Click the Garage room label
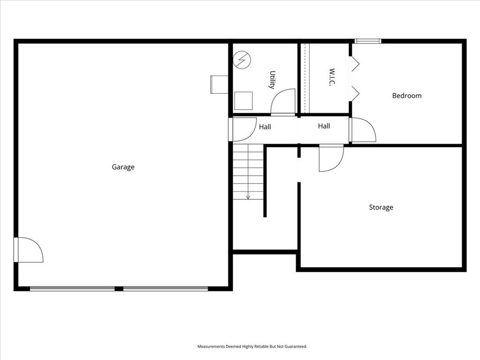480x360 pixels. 123,167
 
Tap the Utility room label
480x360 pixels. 272,80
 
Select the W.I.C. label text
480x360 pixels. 331,77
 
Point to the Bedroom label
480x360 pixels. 406,96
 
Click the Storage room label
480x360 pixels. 381,207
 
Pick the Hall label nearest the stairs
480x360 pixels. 265,127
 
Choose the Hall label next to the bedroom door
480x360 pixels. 324,126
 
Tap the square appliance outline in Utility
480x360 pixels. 243,100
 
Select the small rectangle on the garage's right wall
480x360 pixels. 218,84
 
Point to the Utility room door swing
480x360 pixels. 283,102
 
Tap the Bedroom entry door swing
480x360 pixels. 363,130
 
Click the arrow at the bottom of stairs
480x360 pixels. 248,197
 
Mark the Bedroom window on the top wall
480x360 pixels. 367,41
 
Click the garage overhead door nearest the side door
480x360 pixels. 72,289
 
